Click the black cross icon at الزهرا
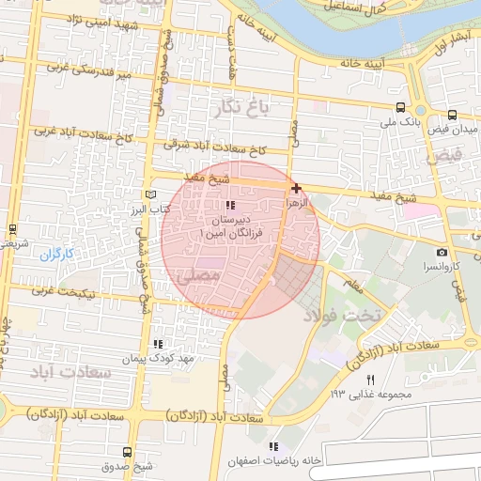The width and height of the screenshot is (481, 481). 297,188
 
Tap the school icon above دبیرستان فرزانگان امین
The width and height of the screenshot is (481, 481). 230,205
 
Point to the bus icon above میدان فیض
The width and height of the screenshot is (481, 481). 453,116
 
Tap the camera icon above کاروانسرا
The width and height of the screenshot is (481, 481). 442,252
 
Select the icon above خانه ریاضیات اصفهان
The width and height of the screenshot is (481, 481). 273,446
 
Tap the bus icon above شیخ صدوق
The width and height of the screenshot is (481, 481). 128,452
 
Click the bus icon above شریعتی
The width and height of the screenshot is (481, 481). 12,228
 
